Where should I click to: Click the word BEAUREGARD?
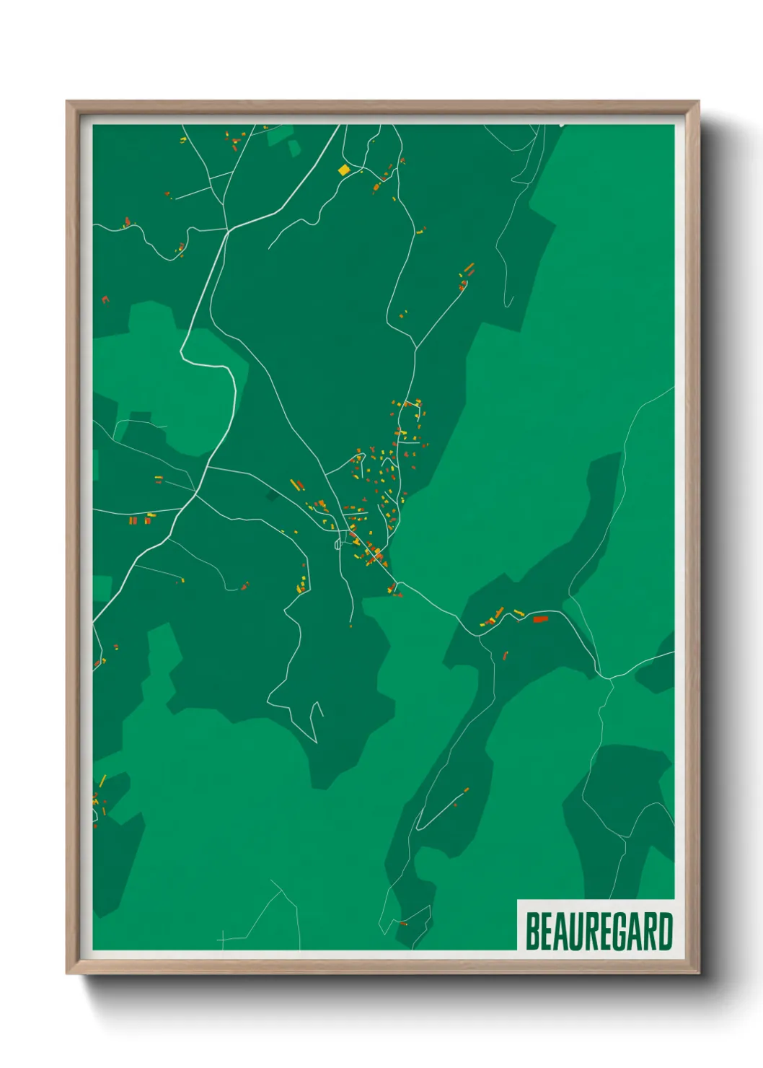point(599,932)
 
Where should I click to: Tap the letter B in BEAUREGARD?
point(532,932)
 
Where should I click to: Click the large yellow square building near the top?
point(344,170)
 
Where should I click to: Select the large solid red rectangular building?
point(540,618)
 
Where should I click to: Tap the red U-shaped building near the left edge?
point(105,299)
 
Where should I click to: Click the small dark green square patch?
point(271,496)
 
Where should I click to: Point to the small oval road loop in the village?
point(337,544)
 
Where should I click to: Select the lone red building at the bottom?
point(404,923)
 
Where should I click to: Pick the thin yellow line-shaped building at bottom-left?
point(102,780)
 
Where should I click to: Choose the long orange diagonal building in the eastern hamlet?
point(469,268)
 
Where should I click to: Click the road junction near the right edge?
point(609,678)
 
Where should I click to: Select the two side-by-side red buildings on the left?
point(132,520)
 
